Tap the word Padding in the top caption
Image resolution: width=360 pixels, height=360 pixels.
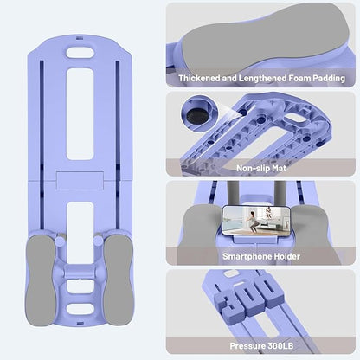[x=329, y=78]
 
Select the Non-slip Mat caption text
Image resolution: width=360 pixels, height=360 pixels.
[x=261, y=168]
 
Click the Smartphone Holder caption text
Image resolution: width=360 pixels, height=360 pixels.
[x=261, y=256]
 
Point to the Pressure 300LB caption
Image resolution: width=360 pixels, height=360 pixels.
[x=261, y=345]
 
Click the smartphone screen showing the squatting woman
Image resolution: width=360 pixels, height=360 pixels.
[x=256, y=221]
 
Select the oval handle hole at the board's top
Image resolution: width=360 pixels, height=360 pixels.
[x=80, y=53]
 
